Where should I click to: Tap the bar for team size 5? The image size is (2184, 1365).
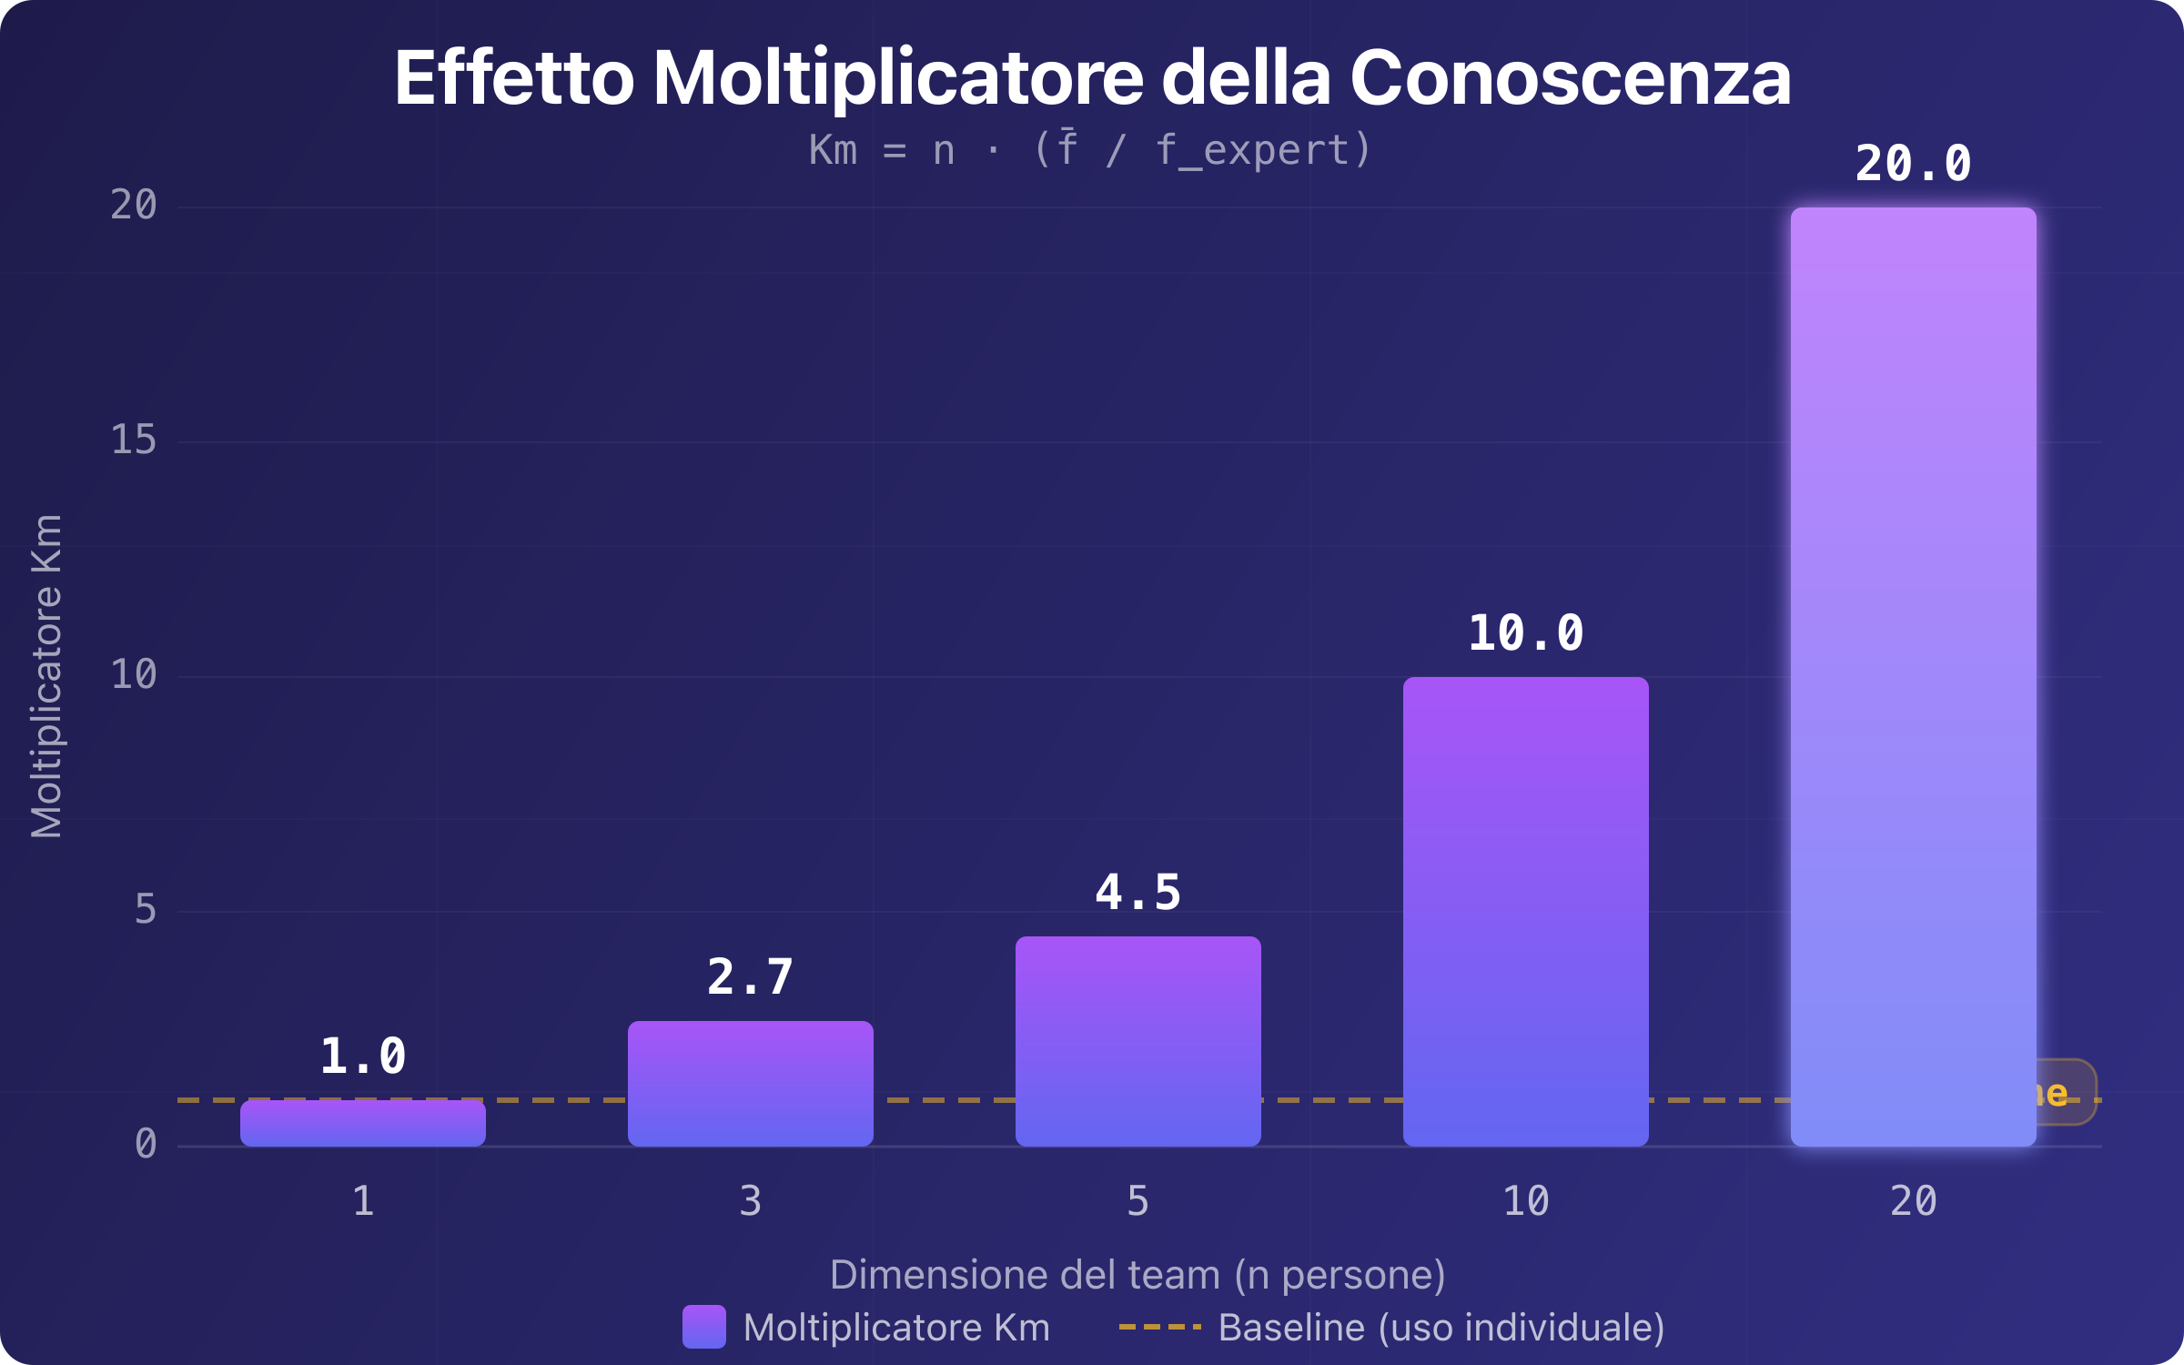(1137, 1041)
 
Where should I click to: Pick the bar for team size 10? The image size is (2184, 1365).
(1525, 910)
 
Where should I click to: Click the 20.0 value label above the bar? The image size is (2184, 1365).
(1913, 165)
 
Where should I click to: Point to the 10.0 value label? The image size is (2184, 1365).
(1525, 633)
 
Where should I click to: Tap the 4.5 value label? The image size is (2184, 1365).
(1137, 893)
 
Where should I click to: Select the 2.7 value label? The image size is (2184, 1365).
(750, 977)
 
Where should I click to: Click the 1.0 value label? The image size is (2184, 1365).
(362, 1057)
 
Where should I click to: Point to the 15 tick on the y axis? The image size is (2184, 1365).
(133, 440)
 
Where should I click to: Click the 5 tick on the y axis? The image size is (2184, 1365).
(145, 909)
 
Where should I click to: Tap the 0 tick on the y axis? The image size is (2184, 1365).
(145, 1144)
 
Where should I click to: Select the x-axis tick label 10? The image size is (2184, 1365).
(1525, 1202)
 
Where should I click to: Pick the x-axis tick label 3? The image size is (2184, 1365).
(750, 1202)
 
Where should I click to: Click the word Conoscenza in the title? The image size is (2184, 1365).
(1570, 78)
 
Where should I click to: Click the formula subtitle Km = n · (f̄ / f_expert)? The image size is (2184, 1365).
(1089, 150)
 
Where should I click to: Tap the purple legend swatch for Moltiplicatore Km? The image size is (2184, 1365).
(703, 1327)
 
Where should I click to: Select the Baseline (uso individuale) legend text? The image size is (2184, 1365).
(1441, 1328)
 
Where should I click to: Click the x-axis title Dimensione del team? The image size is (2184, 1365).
(1024, 1275)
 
